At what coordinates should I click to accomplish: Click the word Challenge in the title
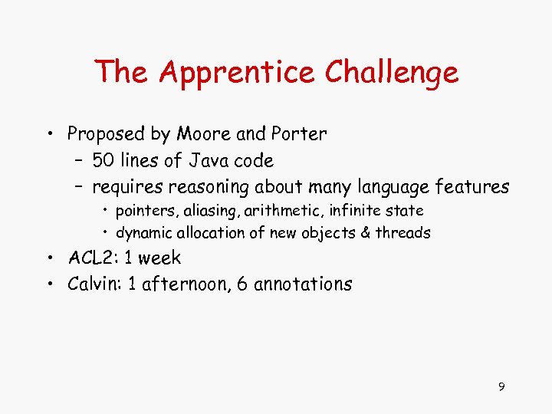[392, 73]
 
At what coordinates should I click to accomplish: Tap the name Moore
[205, 134]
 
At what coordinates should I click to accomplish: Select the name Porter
[297, 134]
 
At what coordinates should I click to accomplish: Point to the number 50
[103, 161]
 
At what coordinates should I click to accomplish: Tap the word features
[472, 186]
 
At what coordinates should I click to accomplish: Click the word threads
[403, 232]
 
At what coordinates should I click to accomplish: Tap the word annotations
[303, 284]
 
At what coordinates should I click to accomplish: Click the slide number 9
[501, 387]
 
